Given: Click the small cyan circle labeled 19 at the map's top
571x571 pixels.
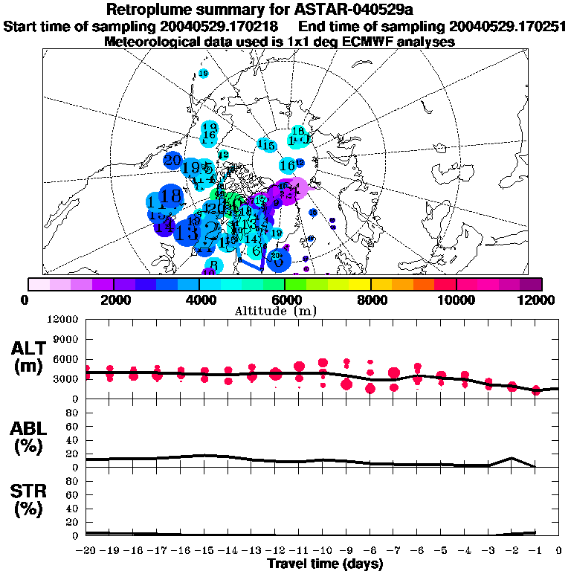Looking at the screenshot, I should (203, 73).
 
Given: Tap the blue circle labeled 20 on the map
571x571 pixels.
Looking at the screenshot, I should (172, 160).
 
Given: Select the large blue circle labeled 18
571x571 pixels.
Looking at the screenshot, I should (170, 196).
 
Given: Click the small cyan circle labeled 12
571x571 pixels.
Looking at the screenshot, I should (223, 155).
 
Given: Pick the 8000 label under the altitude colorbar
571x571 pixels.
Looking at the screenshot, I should (370, 300).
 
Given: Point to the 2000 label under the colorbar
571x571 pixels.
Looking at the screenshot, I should (114, 300).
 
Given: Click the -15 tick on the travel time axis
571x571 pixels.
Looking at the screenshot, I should (204, 551).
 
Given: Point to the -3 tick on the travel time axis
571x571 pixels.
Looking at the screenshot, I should (488, 551).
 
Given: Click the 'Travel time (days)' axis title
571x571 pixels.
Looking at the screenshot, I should (325, 564).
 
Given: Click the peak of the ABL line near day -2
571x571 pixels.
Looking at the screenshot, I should (512, 458).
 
